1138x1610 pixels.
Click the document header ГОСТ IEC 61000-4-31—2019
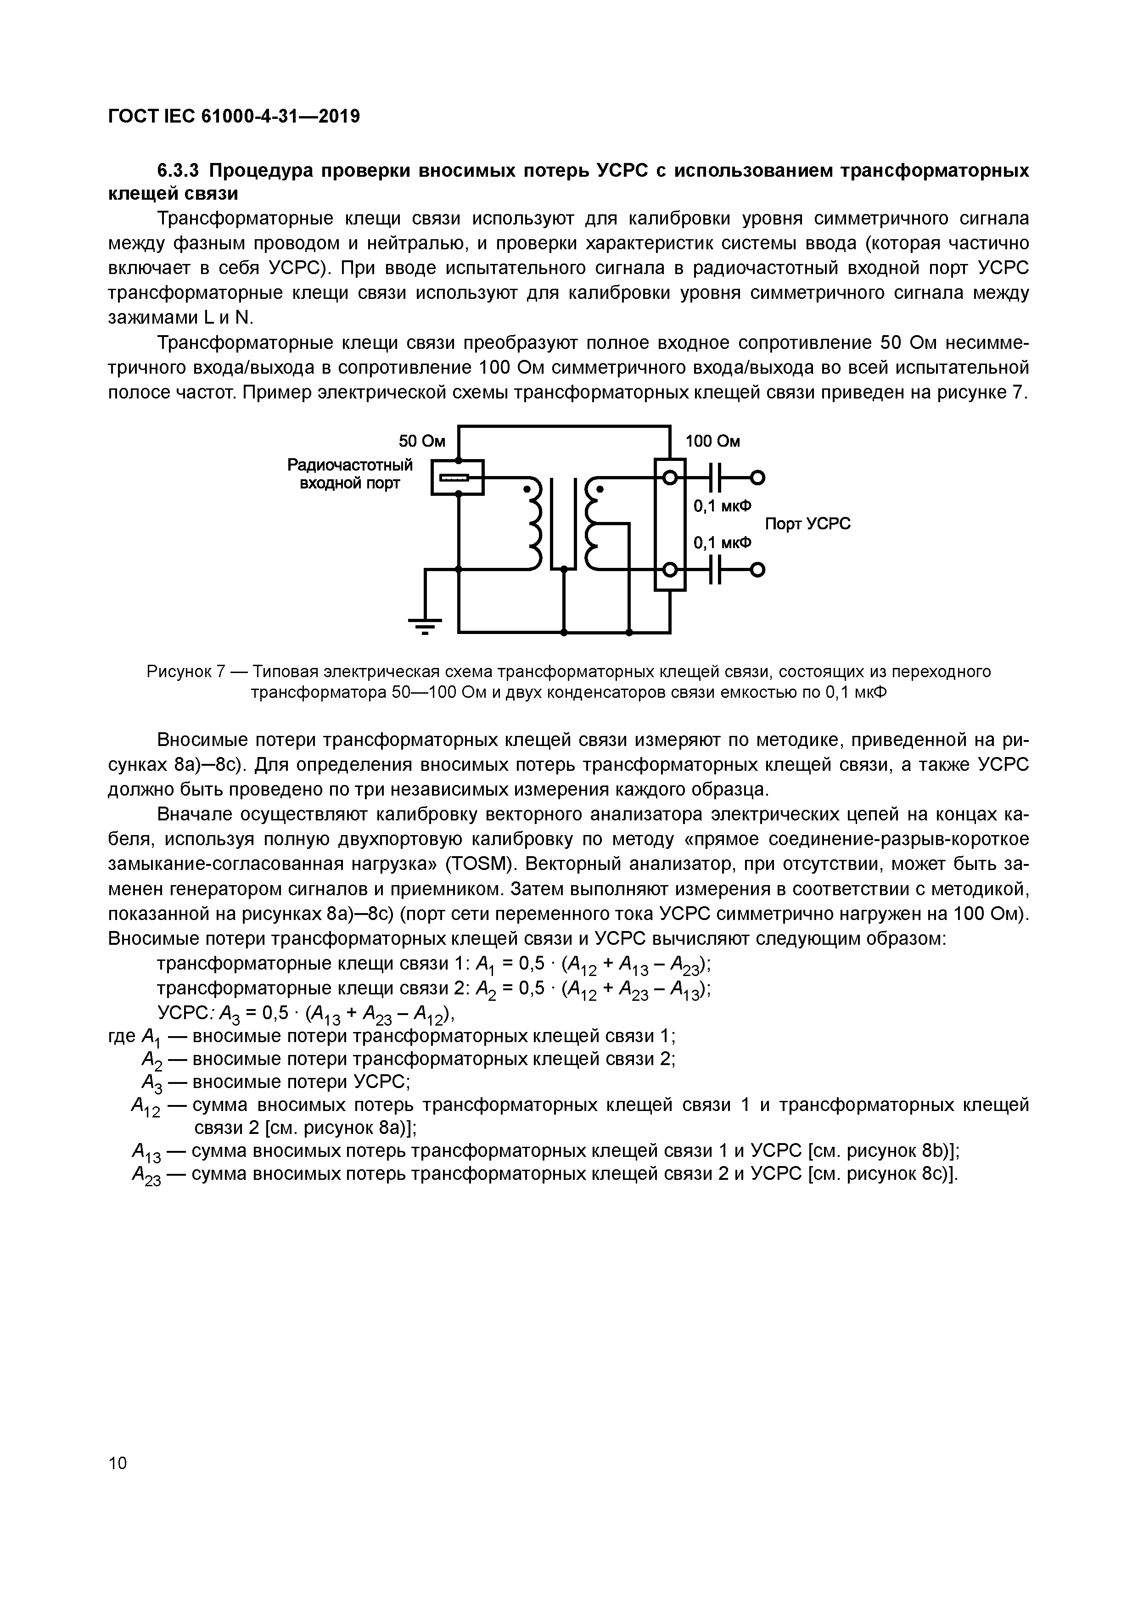click(x=234, y=117)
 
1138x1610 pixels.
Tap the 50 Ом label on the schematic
click(x=422, y=441)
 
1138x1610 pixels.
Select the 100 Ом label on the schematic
click(x=712, y=441)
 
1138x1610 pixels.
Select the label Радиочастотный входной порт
click(x=350, y=474)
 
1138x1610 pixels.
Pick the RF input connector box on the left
click(x=457, y=477)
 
